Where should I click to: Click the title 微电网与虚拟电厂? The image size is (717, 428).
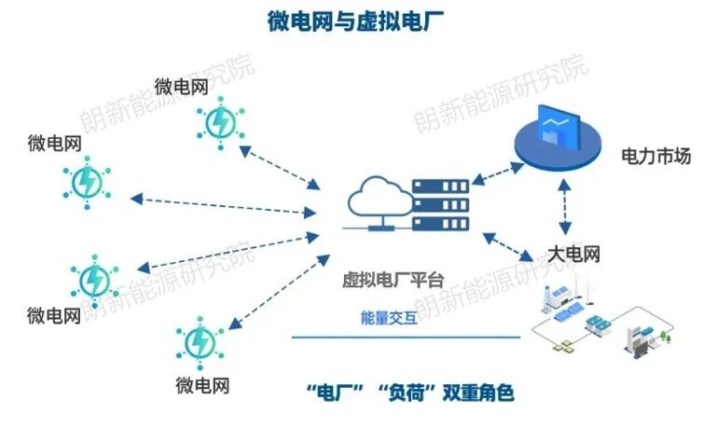coord(357,21)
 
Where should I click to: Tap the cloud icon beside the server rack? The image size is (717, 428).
coord(378,201)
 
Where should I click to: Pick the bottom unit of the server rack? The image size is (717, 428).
coord(439,224)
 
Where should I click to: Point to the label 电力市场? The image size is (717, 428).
coord(656,157)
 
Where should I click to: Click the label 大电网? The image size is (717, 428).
coord(572,252)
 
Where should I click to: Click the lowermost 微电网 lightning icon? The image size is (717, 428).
coord(200,342)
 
